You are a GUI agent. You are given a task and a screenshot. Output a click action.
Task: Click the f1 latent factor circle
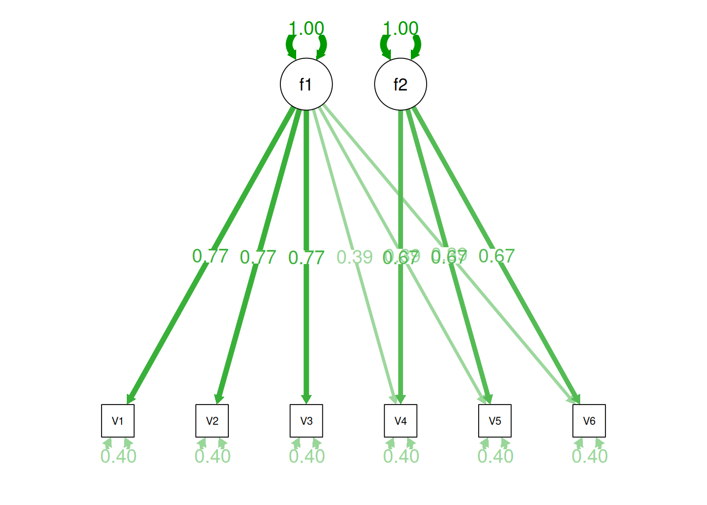click(306, 84)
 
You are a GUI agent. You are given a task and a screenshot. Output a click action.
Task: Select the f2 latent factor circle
click(400, 84)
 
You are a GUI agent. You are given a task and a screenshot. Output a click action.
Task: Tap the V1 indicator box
click(118, 421)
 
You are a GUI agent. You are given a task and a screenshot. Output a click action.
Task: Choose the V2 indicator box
click(212, 421)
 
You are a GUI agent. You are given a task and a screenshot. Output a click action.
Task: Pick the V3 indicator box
click(306, 421)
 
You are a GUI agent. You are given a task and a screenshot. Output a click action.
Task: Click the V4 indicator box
click(400, 421)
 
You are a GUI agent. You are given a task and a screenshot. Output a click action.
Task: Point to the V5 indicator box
click(494, 421)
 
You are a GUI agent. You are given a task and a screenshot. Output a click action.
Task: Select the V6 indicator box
click(589, 421)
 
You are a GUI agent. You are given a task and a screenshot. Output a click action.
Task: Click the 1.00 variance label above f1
click(306, 28)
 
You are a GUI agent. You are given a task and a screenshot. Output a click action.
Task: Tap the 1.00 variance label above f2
click(400, 28)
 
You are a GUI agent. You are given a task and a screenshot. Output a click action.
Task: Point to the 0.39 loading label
click(355, 257)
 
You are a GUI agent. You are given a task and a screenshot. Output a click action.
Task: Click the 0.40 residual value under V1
click(118, 456)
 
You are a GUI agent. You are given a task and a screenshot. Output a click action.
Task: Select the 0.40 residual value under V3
click(307, 456)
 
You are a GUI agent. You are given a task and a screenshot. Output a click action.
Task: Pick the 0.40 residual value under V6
click(590, 456)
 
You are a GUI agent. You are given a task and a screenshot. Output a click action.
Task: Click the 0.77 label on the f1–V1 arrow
click(210, 256)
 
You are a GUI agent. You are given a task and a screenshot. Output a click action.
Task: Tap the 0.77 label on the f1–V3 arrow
click(306, 258)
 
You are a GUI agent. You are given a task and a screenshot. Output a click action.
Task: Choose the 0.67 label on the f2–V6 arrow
click(497, 256)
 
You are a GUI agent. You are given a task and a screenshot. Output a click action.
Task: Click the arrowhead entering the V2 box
click(219, 399)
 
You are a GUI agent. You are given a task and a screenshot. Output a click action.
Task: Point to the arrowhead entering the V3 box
click(306, 399)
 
